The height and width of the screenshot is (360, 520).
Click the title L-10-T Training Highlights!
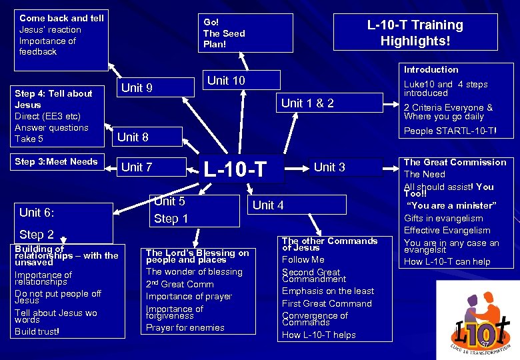click(415, 33)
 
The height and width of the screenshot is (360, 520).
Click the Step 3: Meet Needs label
click(56, 161)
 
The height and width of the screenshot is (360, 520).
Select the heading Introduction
click(431, 69)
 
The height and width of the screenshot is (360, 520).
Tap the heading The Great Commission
click(455, 162)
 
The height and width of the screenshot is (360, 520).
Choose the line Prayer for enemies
click(185, 327)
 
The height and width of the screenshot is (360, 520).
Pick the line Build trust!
click(37, 331)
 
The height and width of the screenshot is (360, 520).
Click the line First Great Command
click(327, 303)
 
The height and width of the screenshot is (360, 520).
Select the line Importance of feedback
click(48, 46)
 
